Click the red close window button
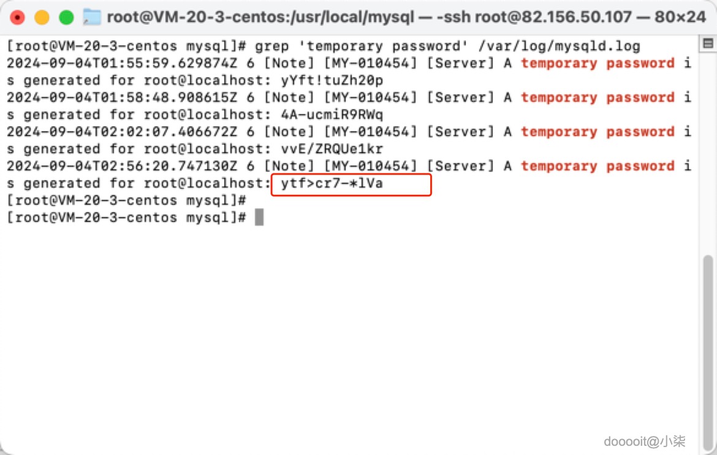(x=17, y=17)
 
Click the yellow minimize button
(x=42, y=17)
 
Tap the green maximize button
(x=66, y=17)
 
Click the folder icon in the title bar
(x=91, y=17)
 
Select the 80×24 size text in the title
(x=680, y=17)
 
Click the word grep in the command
(x=271, y=46)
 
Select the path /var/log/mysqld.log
(x=559, y=46)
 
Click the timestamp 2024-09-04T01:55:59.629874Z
(x=121, y=63)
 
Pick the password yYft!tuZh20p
(x=332, y=80)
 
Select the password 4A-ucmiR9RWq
(x=332, y=115)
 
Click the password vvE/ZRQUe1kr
(x=332, y=149)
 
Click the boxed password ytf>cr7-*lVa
(x=332, y=183)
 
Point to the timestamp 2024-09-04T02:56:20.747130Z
(x=121, y=166)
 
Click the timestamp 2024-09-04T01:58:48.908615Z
(x=121, y=97)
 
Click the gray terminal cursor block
(x=259, y=218)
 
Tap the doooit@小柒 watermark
(x=644, y=442)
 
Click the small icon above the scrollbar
(x=708, y=44)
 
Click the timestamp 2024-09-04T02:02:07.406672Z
(x=121, y=132)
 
